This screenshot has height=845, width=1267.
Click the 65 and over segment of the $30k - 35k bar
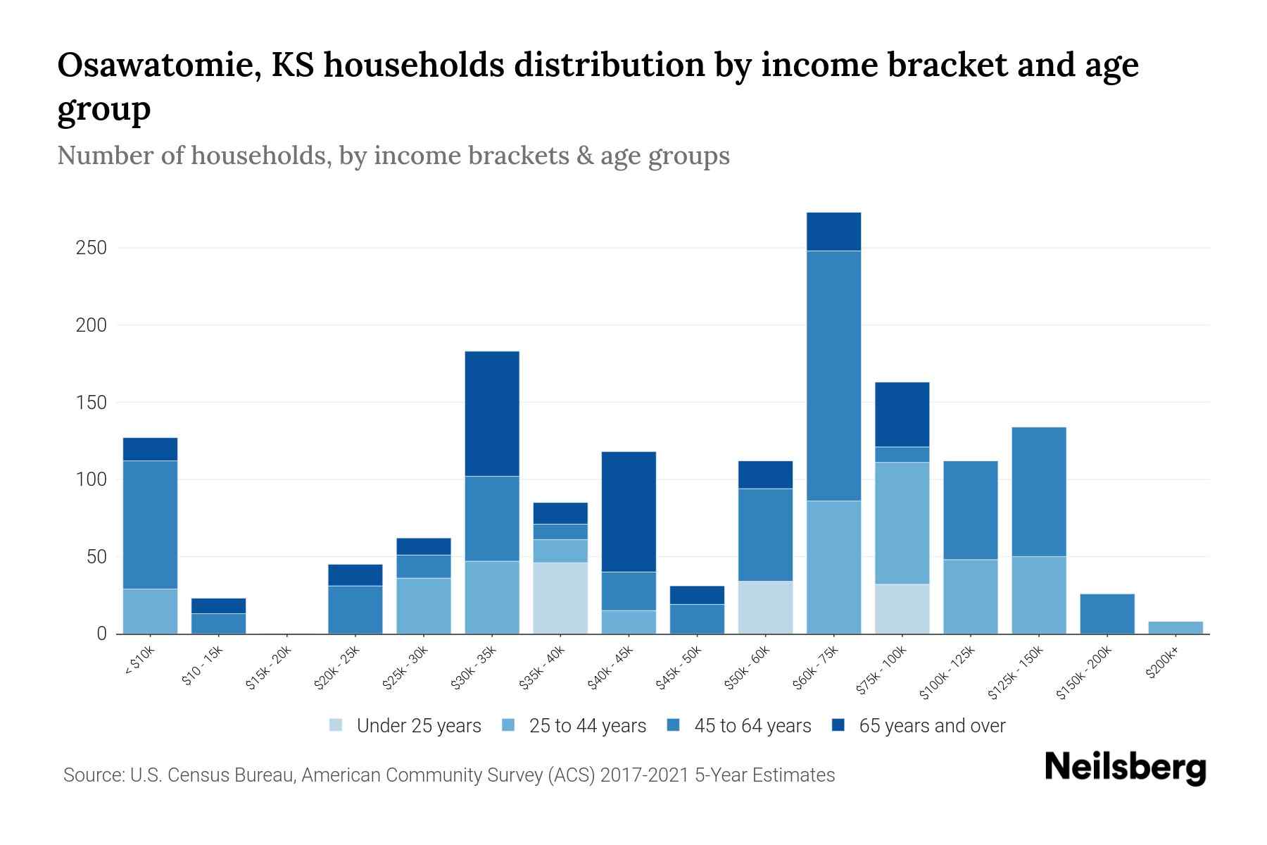click(492, 413)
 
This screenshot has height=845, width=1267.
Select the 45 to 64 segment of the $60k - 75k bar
click(833, 375)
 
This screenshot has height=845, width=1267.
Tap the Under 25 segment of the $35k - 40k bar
click(560, 598)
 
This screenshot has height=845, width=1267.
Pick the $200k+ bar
click(1175, 627)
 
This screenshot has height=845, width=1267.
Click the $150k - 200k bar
click(1107, 613)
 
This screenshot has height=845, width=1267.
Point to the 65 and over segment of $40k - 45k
click(629, 511)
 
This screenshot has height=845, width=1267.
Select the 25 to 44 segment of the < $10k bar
click(150, 611)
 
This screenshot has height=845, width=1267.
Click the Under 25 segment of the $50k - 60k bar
click(765, 607)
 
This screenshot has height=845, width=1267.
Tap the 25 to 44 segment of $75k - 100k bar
click(902, 522)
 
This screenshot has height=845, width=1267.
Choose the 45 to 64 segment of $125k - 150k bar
click(1039, 492)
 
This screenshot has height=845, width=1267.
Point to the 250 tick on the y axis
click(92, 248)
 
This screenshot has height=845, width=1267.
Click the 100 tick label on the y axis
click(92, 480)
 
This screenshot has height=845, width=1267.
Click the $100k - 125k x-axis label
click(947, 672)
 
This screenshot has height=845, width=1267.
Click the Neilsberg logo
click(1125, 768)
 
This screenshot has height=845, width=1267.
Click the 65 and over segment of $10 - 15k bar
click(218, 606)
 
